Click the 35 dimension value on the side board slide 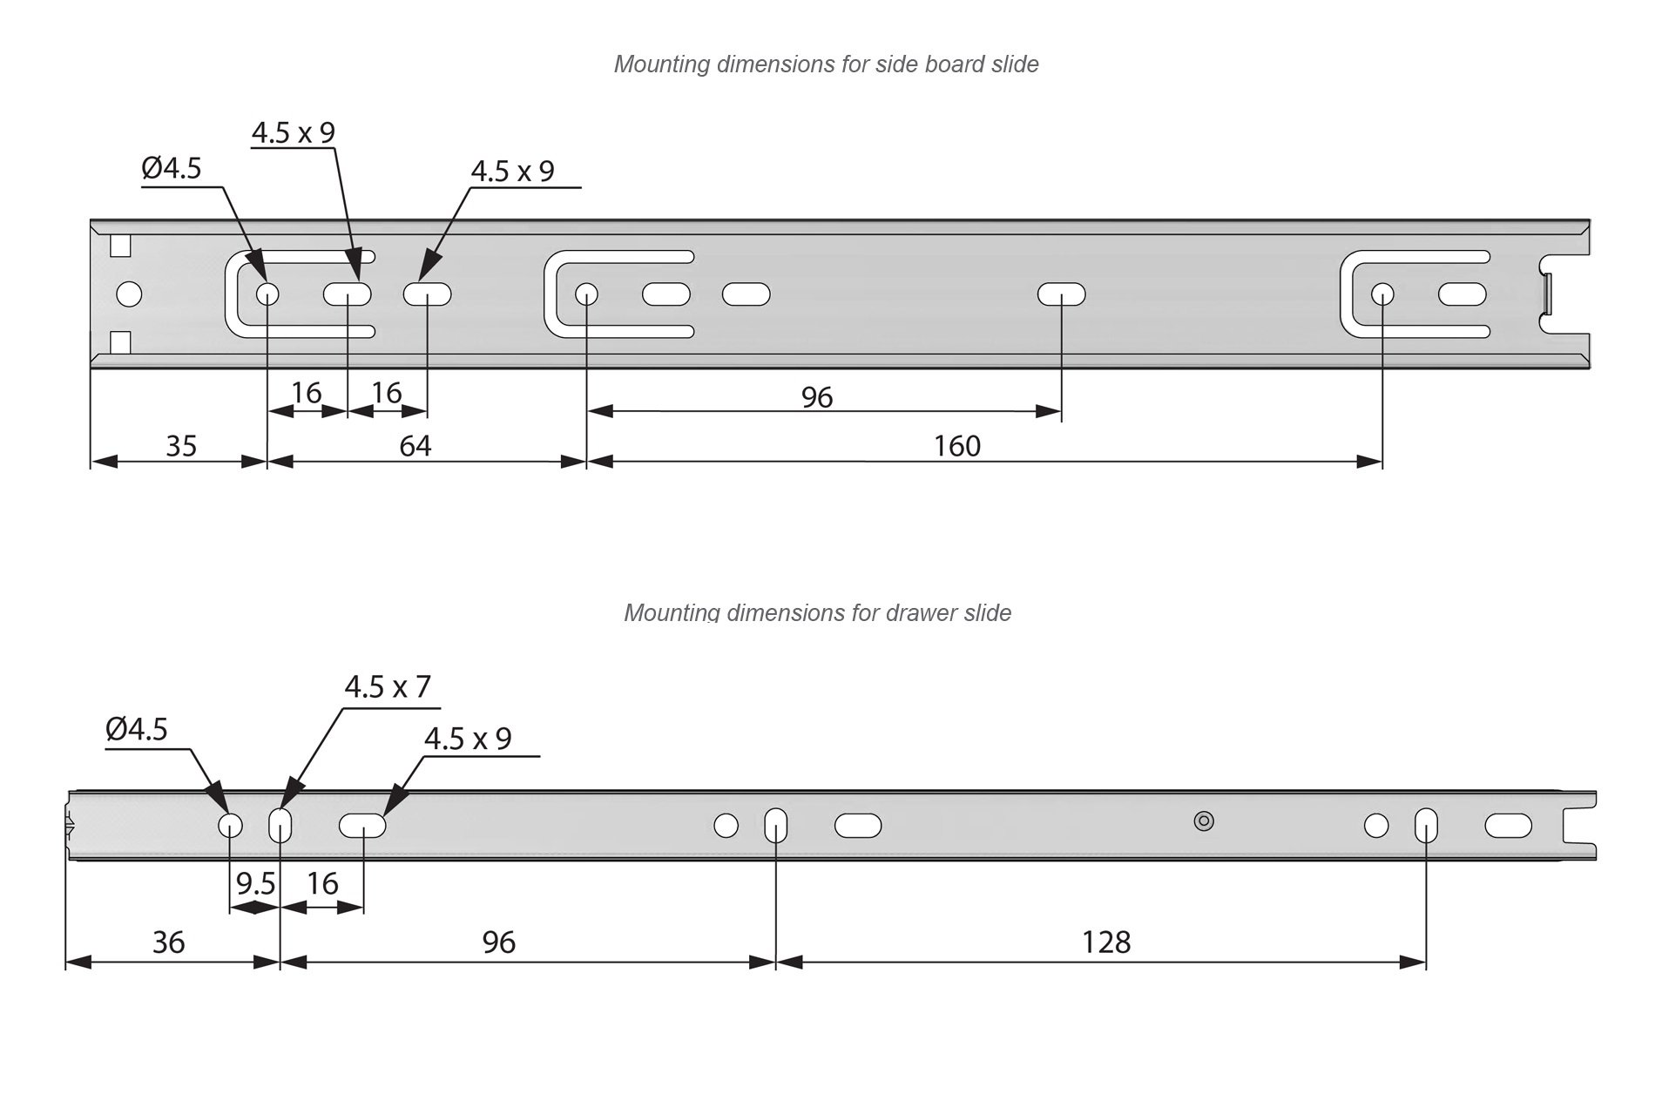[181, 446]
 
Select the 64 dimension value [415, 446]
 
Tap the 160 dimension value [957, 446]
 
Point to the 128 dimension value [1106, 942]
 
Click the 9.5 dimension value [255, 884]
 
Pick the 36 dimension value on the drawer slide [168, 942]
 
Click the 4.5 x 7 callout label [388, 687]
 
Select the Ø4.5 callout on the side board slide [172, 168]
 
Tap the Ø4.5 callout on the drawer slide [137, 729]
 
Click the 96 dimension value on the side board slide [817, 397]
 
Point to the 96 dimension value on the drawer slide [498, 942]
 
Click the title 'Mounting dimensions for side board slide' [826, 64]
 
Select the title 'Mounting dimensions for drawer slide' [817, 613]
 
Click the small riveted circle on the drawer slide [1204, 821]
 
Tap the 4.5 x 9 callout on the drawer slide [468, 739]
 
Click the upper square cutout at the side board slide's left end [120, 247]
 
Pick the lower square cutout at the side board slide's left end [120, 342]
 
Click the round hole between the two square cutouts [129, 294]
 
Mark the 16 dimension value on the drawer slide [322, 884]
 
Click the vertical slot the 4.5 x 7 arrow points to [280, 825]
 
